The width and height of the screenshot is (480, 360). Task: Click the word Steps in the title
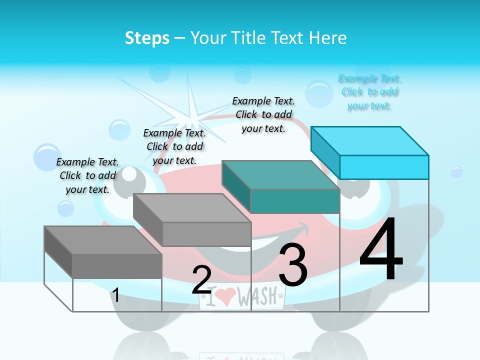point(147,38)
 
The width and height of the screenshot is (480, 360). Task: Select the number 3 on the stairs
point(292,265)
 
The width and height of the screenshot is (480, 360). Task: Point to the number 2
point(202,280)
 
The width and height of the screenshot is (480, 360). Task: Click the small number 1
point(115,295)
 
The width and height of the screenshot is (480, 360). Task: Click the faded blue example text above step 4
point(370,92)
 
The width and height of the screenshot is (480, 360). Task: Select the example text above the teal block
point(263,114)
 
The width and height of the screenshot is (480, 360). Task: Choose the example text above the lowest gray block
point(87,175)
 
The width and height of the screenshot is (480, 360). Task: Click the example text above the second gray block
point(174,146)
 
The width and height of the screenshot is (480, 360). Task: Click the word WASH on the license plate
point(257,297)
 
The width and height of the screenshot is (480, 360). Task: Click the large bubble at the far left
point(47,156)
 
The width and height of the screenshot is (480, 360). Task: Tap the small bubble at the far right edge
point(456,172)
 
